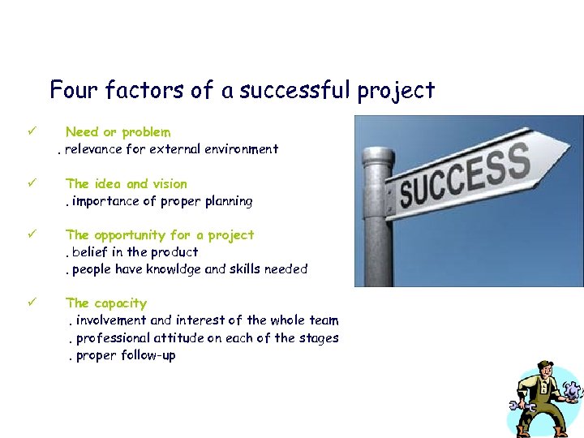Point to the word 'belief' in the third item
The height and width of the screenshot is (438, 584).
[x=90, y=252]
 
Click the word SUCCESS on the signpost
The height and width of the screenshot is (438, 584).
[x=465, y=178]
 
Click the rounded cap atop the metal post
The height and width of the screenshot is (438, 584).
[x=377, y=154]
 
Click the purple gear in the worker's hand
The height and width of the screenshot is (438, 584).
[x=573, y=391]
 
